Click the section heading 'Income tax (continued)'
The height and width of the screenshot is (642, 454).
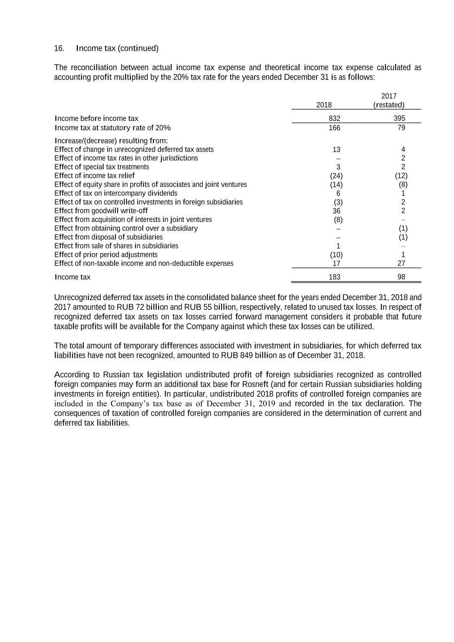coord(117,48)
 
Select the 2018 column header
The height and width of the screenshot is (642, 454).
coord(324,105)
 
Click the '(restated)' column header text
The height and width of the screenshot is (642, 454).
coord(389,105)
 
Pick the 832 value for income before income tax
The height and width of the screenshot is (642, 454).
coord(335,119)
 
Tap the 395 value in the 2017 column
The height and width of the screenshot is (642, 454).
coord(399,119)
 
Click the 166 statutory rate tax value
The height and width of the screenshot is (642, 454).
coord(335,128)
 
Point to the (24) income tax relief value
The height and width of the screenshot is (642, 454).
coord(336,176)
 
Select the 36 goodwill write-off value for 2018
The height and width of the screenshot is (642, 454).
coord(336,211)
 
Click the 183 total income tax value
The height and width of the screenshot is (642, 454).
coord(335,277)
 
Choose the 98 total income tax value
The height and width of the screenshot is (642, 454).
coord(401,277)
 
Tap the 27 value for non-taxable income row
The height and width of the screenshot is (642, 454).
coord(401,263)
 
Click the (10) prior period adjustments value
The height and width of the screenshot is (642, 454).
coord(336,255)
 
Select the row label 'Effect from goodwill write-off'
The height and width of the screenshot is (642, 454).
coord(101,211)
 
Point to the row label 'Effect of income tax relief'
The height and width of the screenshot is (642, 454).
coord(95,176)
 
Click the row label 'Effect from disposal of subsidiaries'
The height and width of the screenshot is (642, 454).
coord(109,237)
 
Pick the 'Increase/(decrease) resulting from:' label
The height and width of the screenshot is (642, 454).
coord(112,141)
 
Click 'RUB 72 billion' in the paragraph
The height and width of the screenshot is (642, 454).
coord(142,307)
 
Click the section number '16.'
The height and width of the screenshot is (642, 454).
coord(59,48)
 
